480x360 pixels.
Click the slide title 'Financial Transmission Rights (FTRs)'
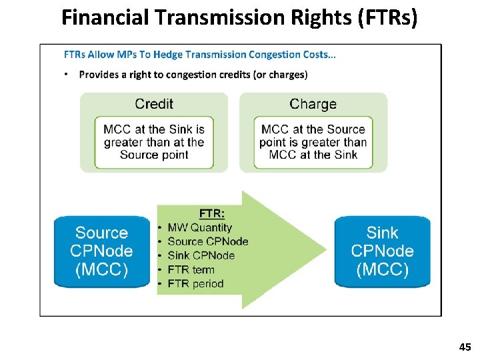(239, 17)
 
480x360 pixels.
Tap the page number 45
(465, 347)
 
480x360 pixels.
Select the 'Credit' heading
(154, 104)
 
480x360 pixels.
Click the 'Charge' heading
(313, 104)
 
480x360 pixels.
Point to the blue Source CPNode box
(101, 251)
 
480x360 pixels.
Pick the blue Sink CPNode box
(382, 251)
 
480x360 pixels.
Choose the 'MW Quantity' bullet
(199, 227)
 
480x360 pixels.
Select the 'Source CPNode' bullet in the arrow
(207, 241)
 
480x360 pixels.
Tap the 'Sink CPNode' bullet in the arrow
(201, 255)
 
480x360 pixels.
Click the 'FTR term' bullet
(191, 269)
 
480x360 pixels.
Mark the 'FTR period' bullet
(195, 283)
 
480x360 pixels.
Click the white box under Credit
(154, 142)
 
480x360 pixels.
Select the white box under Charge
(313, 142)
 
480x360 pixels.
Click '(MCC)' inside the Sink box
(382, 270)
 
